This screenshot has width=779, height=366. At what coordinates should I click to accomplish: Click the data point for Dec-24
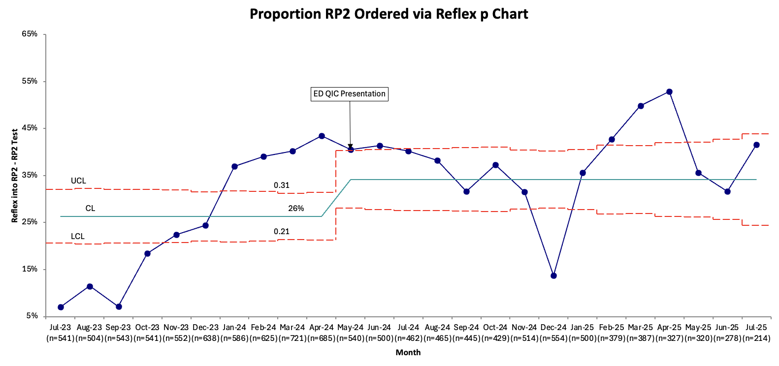tap(553, 275)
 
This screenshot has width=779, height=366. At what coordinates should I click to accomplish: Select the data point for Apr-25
tap(670, 92)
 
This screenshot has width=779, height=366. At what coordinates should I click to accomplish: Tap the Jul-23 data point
tap(61, 307)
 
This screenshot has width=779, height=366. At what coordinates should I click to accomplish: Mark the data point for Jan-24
tap(234, 166)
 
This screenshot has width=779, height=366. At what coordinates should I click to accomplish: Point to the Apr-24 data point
tap(322, 136)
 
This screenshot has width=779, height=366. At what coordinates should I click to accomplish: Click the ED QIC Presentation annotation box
tap(350, 94)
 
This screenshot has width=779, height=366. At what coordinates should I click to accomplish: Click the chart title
tap(389, 14)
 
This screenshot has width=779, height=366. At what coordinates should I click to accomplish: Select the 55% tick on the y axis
tap(30, 81)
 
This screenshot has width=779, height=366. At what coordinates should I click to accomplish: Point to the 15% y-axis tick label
tap(30, 269)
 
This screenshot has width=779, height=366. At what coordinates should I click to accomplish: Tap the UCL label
tap(78, 181)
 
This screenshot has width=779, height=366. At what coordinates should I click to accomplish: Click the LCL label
tap(77, 236)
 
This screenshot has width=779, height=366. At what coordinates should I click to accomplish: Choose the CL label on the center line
tap(90, 208)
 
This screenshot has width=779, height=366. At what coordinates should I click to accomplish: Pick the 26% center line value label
tap(296, 209)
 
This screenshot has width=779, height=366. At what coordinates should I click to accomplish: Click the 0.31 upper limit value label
tap(282, 185)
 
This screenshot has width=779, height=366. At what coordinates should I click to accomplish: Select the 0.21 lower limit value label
tap(282, 232)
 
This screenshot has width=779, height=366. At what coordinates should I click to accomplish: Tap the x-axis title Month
tap(408, 352)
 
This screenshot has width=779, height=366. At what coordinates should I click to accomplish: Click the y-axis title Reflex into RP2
tap(15, 176)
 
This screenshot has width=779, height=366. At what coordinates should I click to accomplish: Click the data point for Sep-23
tap(119, 306)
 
